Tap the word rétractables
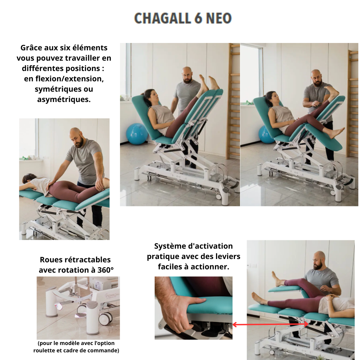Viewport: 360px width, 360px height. tap(87, 260)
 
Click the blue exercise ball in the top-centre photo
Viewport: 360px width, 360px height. tap(137, 134)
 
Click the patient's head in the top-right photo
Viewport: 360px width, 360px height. tap(272, 98)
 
